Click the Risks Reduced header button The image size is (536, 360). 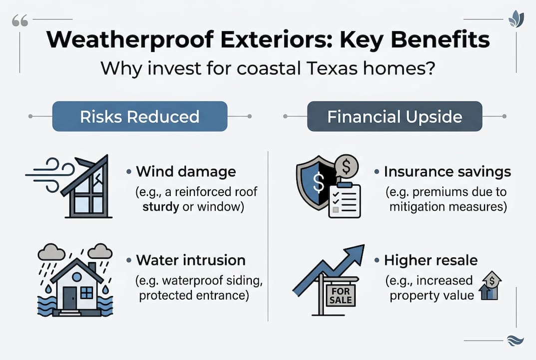(140, 116)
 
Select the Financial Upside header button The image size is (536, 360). (395, 116)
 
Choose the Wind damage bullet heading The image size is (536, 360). (186, 172)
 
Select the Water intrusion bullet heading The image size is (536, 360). (190, 260)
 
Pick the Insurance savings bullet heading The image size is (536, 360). (447, 172)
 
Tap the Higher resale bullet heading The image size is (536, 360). (431, 260)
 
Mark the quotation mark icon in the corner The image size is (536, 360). (19, 20)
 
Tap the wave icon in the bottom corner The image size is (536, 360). (514, 340)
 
